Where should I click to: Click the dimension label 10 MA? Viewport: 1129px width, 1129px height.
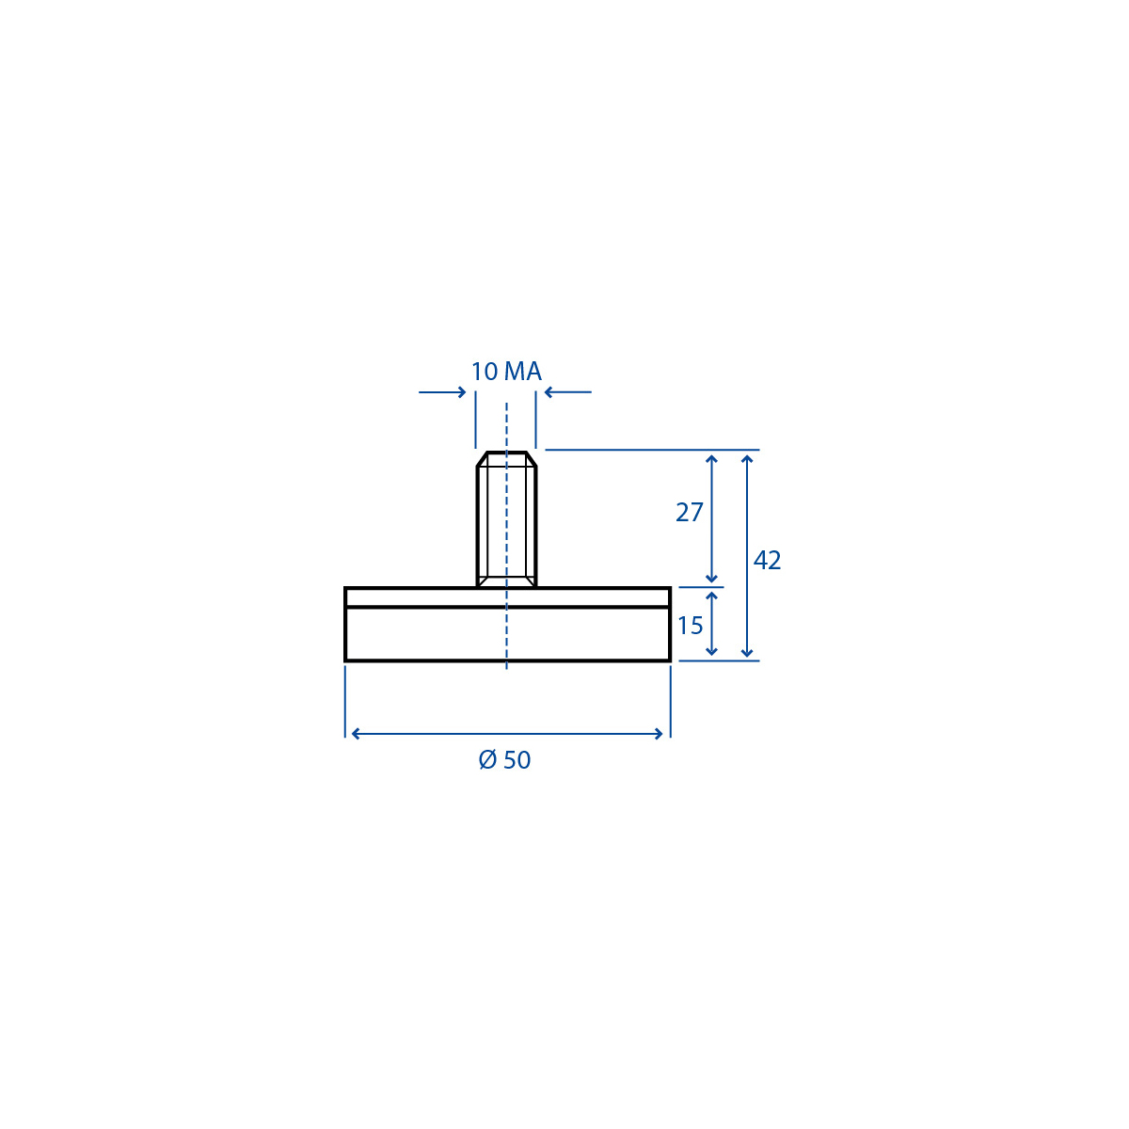tap(506, 372)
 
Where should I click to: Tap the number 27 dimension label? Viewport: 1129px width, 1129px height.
tap(689, 513)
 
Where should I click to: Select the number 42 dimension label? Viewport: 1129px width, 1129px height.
tap(767, 560)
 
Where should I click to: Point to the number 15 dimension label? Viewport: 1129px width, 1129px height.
tap(691, 626)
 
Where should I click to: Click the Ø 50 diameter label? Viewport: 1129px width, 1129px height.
tap(504, 760)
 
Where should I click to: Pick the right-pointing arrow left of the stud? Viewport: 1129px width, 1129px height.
tap(442, 392)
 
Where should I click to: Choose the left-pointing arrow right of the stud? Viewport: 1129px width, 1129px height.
tap(567, 392)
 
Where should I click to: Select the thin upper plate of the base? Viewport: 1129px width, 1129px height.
tap(507, 597)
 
